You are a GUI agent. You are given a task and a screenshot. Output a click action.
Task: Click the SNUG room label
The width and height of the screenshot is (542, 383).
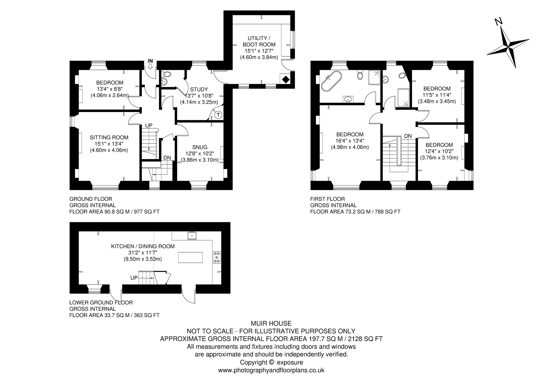200,147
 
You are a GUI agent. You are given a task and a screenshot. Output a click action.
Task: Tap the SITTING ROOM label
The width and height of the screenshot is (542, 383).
109,137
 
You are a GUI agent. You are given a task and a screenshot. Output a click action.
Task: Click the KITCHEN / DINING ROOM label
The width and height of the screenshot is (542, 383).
143,246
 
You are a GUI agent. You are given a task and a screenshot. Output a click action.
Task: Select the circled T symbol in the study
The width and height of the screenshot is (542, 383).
218,115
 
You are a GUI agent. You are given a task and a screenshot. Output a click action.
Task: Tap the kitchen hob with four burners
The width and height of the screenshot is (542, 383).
217,257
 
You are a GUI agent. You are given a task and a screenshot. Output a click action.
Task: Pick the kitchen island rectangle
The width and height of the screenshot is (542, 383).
191,258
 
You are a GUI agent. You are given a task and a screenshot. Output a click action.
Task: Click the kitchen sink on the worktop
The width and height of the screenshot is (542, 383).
192,235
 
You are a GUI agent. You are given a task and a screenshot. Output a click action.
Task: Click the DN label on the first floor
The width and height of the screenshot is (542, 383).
408,136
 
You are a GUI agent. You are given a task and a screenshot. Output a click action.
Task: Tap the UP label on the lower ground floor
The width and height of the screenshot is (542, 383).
134,278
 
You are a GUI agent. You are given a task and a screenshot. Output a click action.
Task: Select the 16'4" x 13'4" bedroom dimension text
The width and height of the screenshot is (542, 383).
350,141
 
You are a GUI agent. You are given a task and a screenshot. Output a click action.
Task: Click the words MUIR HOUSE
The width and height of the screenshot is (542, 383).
271,323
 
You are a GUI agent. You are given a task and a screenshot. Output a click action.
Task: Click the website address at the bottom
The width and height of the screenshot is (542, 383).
271,370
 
